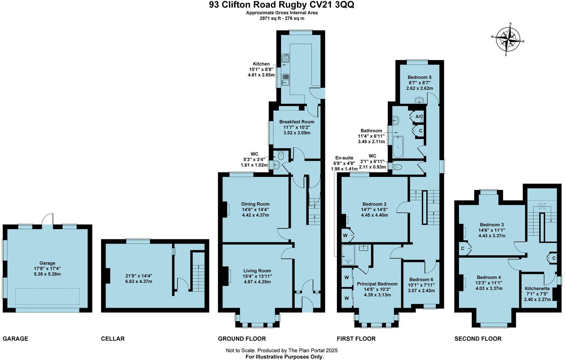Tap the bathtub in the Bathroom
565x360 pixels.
pyautogui.click(x=398, y=147)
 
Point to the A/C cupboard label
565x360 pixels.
pyautogui.click(x=419, y=117)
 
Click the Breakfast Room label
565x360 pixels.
pyautogui.click(x=297, y=122)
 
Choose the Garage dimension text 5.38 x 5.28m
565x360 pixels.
pyautogui.click(x=47, y=274)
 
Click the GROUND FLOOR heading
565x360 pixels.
pyautogui.click(x=242, y=339)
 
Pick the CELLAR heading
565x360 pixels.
pyautogui.click(x=113, y=339)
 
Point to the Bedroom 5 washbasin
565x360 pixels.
pyautogui.click(x=419, y=100)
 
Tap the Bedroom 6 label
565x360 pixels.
pyautogui.click(x=421, y=280)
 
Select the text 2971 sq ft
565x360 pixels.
pyautogui.click(x=271, y=18)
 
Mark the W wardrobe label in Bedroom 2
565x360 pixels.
pyautogui.click(x=345, y=236)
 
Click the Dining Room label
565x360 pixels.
pyautogui.click(x=255, y=204)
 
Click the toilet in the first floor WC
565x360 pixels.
pyautogui.click(x=397, y=167)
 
